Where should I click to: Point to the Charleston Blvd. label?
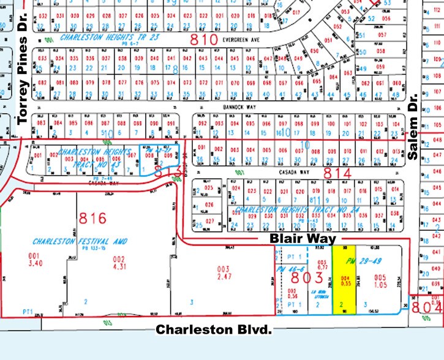click(213, 329)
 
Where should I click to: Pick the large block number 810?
click(204, 41)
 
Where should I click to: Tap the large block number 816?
click(92, 219)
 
